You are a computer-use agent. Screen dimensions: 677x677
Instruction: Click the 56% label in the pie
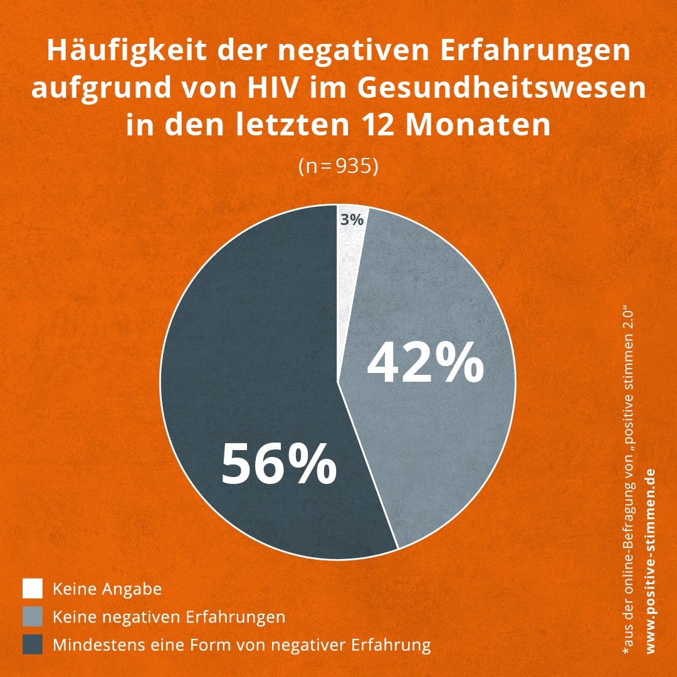[279, 465]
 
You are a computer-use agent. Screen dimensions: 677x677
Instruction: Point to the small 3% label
[352, 220]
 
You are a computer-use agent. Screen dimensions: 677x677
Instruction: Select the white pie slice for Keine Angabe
[349, 235]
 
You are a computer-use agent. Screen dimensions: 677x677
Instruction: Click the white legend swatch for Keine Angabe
[33, 589]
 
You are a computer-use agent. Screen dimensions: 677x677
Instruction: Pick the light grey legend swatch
[33, 616]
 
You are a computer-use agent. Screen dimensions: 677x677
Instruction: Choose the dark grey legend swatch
[33, 644]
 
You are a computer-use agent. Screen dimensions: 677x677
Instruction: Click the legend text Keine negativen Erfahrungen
[169, 617]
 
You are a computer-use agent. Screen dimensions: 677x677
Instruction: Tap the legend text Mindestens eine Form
[242, 644]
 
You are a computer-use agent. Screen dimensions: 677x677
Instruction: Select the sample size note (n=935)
[338, 168]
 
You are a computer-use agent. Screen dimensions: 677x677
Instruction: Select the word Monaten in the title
[478, 125]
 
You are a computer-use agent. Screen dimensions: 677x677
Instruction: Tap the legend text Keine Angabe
[107, 589]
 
